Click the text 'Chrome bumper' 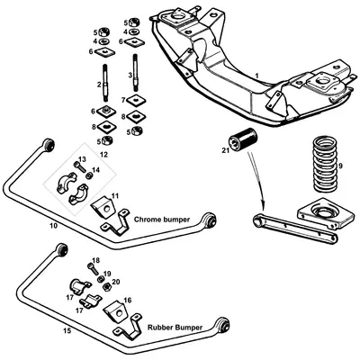click(158, 219)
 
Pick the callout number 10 click(53, 225)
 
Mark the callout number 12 click(103, 154)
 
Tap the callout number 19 click(107, 274)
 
